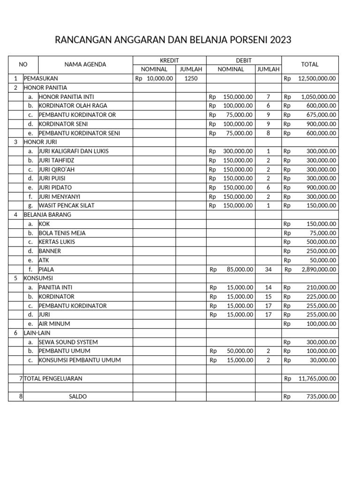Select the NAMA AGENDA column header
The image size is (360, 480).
pyautogui.click(x=85, y=65)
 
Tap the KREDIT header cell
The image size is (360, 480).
pyautogui.click(x=169, y=60)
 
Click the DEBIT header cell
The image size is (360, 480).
pyautogui.click(x=244, y=60)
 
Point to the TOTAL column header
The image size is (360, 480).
pyautogui.click(x=310, y=65)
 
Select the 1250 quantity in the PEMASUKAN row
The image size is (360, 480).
pyautogui.click(x=191, y=79)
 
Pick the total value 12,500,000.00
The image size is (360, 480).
pyautogui.click(x=317, y=79)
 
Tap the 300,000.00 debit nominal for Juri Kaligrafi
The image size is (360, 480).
pyautogui.click(x=238, y=151)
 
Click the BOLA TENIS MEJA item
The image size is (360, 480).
pyautogui.click(x=62, y=233)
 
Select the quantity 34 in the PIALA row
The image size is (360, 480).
pyautogui.click(x=268, y=270)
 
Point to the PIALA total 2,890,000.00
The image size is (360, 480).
pyautogui.click(x=317, y=270)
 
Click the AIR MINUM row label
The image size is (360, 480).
pyautogui.click(x=54, y=324)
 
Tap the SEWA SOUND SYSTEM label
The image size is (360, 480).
pyautogui.click(x=68, y=342)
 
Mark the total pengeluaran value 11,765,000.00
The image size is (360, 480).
pyautogui.click(x=317, y=378)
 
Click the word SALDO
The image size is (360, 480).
pyautogui.click(x=78, y=397)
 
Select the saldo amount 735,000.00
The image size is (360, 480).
pyautogui.click(x=321, y=397)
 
